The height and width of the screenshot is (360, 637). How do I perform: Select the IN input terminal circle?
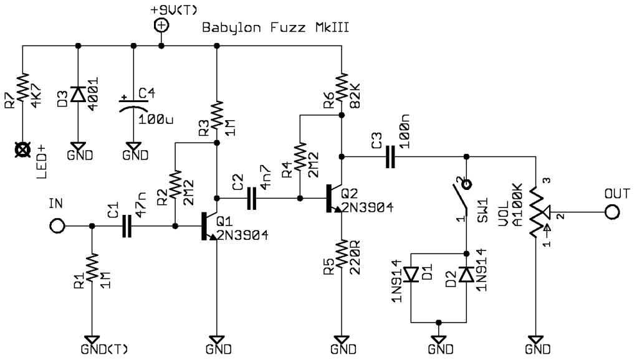57,227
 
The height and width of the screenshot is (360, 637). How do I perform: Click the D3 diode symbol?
78,93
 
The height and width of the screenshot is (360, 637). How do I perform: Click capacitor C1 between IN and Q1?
127,227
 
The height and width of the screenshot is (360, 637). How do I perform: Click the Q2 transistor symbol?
334,199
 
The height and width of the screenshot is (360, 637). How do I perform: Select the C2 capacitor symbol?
252,199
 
